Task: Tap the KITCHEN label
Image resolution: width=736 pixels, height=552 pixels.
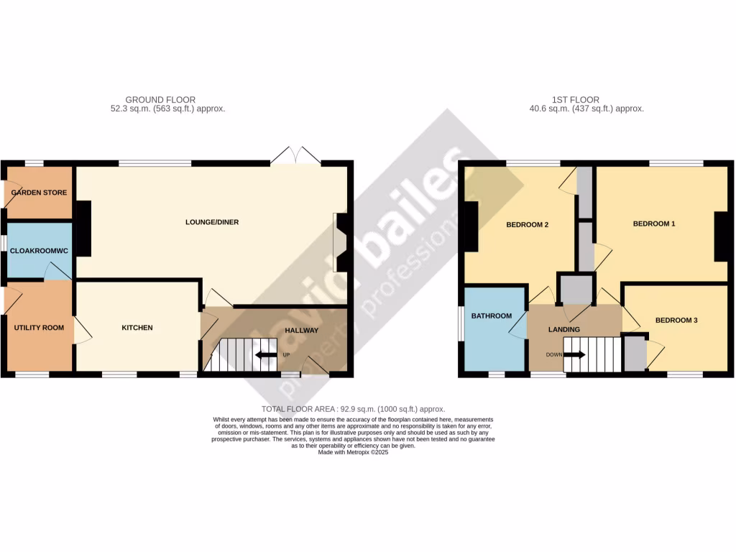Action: tap(137, 328)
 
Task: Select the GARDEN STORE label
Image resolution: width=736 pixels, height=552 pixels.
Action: tap(40, 193)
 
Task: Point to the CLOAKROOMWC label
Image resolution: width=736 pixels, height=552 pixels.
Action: tap(38, 251)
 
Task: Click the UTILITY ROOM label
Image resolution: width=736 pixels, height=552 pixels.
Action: tap(39, 328)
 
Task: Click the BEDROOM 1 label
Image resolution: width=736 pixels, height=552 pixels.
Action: tap(653, 224)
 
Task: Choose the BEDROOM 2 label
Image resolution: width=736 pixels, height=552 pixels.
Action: tap(527, 224)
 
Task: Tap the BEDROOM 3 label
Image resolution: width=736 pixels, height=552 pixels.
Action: tap(676, 320)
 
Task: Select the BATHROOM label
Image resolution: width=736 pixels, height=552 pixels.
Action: tap(491, 316)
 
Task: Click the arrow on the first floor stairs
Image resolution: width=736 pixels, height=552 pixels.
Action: tap(575, 354)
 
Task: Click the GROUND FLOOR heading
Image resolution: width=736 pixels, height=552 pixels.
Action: tap(160, 99)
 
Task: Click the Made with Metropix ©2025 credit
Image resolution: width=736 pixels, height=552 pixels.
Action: tap(352, 452)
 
